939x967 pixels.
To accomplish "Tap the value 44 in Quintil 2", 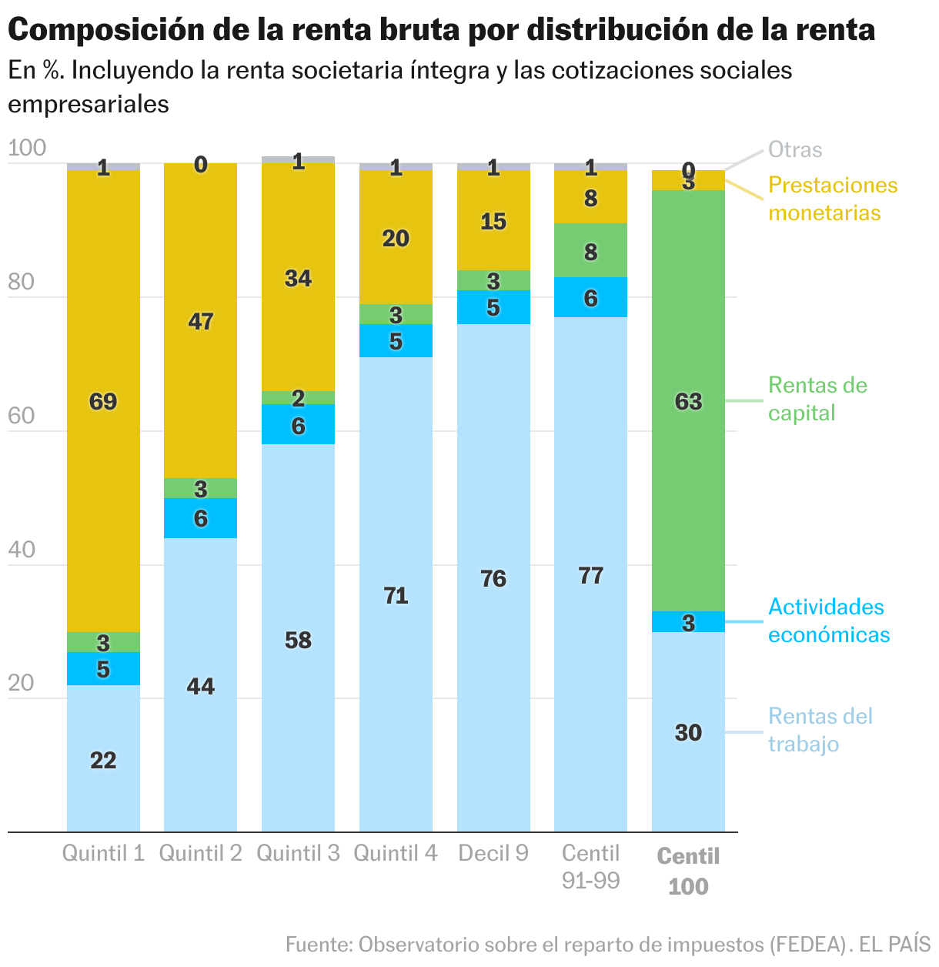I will (x=201, y=686).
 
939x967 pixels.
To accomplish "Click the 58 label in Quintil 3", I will (x=298, y=640).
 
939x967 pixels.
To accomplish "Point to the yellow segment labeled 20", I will (x=396, y=239).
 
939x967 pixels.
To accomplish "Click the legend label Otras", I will (x=795, y=149).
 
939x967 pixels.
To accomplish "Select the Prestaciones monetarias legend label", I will (x=833, y=199).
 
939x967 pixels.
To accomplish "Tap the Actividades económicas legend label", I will (x=828, y=621).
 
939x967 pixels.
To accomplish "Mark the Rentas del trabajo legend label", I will (x=820, y=730).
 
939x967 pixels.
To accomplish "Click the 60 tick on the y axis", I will (x=22, y=417).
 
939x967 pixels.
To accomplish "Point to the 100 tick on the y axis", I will (x=27, y=149).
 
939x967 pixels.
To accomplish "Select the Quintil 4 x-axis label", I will (x=396, y=853).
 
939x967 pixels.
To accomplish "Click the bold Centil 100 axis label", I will (x=688, y=871).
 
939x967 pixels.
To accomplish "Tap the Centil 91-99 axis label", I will (x=590, y=866).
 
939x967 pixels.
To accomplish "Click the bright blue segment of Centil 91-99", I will (x=590, y=297).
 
